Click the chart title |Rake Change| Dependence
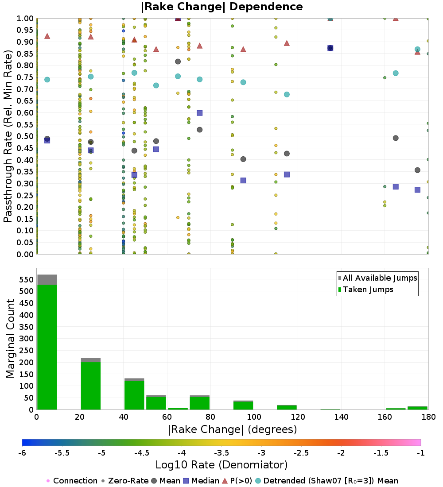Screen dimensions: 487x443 tap(221, 7)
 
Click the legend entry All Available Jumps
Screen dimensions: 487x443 tap(380, 278)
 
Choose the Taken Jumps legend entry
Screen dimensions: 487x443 tap(368, 290)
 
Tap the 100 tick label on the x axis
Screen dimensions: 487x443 tap(254, 417)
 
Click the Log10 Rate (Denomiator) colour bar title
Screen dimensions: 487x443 tap(221, 465)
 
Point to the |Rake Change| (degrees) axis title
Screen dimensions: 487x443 tap(232, 429)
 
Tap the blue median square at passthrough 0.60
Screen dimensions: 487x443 tap(200, 113)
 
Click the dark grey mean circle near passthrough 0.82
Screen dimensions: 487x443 tap(178, 62)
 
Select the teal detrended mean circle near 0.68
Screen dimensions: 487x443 tap(287, 94)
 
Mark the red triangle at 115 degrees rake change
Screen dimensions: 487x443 tap(287, 43)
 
